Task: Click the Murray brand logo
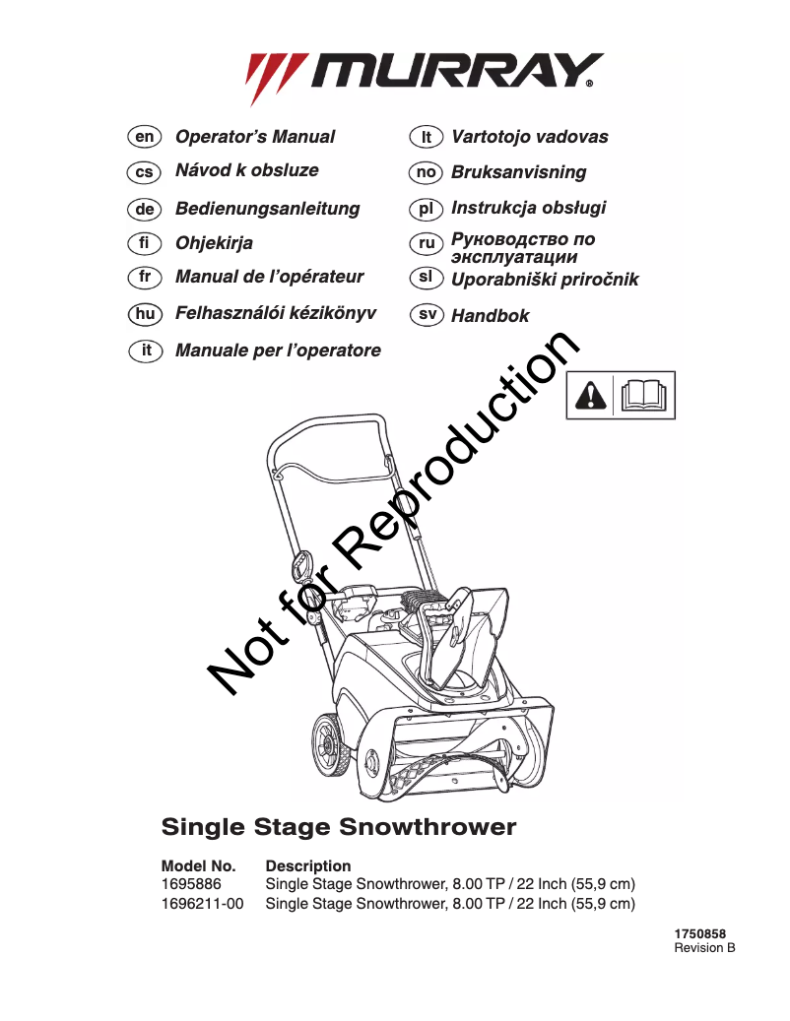(x=425, y=75)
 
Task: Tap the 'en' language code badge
(x=145, y=137)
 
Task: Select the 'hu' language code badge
(x=145, y=313)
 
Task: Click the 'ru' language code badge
(x=426, y=242)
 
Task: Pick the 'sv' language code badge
(x=426, y=315)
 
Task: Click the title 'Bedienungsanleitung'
(x=267, y=209)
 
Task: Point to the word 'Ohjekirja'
(x=214, y=243)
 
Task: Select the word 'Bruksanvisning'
(x=518, y=172)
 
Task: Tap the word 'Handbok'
(x=490, y=316)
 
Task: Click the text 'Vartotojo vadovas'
(x=529, y=137)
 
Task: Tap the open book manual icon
(x=645, y=395)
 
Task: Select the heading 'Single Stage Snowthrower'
(x=338, y=826)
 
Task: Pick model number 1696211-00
(x=203, y=903)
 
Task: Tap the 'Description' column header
(x=308, y=866)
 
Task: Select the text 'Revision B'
(x=704, y=948)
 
